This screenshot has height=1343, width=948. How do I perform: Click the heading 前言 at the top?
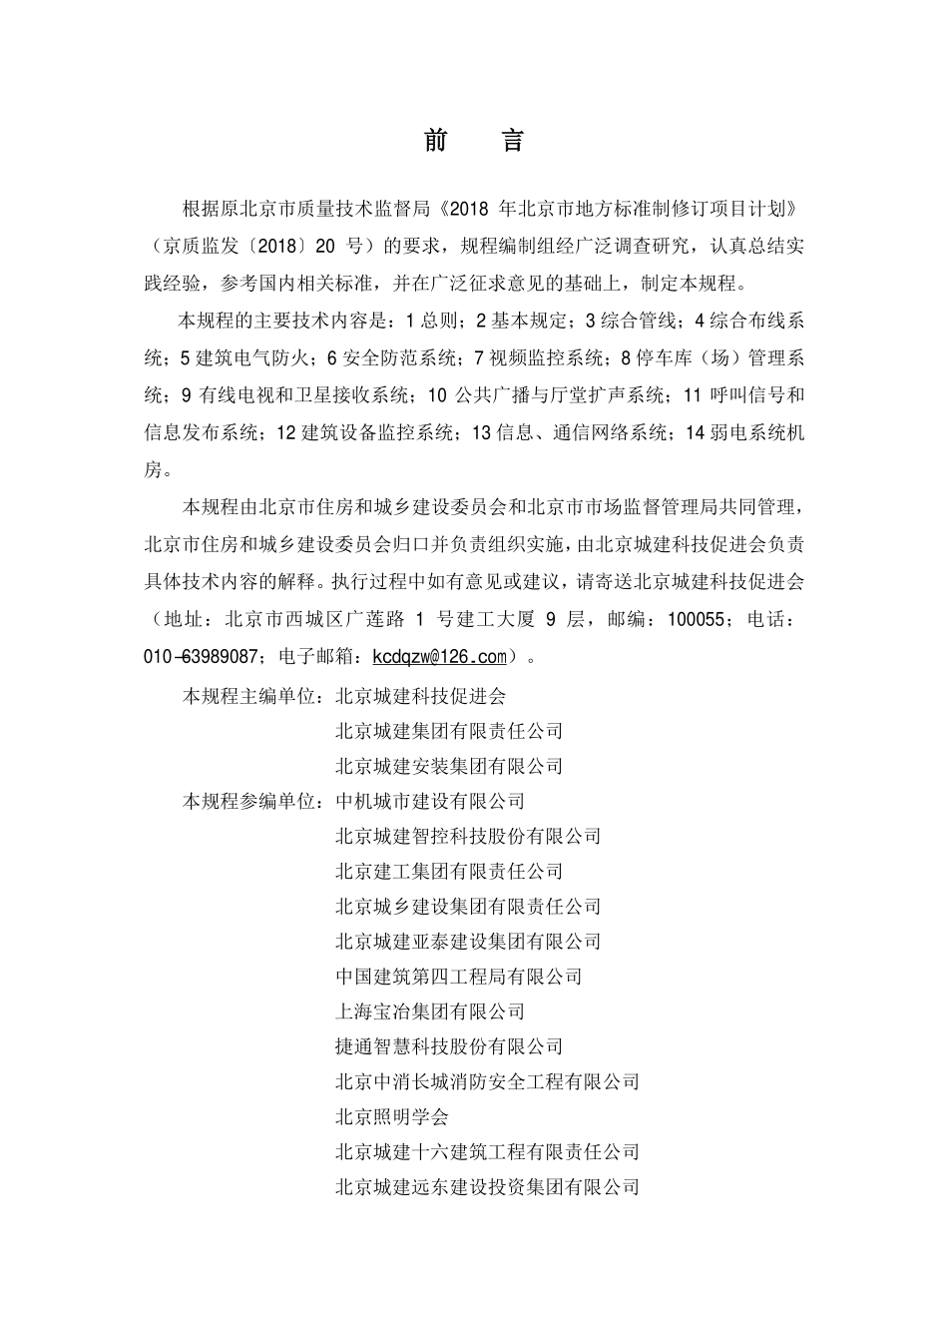pyautogui.click(x=474, y=141)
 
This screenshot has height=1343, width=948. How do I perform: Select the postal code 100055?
pyautogui.click(x=695, y=619)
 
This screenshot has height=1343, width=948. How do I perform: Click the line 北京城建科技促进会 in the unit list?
pyautogui.click(x=421, y=696)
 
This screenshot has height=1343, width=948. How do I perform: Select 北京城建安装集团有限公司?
pyautogui.click(x=449, y=766)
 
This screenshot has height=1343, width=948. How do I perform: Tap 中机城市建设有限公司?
pyautogui.click(x=430, y=801)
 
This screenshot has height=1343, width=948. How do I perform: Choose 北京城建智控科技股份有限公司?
pyautogui.click(x=468, y=836)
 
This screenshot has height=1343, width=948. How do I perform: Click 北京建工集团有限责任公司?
pyautogui.click(x=449, y=871)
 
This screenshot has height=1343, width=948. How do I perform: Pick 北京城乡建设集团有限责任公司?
pyautogui.click(x=468, y=907)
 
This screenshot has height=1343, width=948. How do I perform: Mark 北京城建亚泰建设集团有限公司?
pyautogui.click(x=468, y=942)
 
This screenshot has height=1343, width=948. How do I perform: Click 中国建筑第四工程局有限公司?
pyautogui.click(x=459, y=977)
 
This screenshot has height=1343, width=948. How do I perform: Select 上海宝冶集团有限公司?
pyautogui.click(x=430, y=1011)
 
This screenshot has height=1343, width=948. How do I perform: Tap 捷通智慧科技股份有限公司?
pyautogui.click(x=449, y=1046)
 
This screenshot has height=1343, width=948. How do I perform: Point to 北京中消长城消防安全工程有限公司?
pyautogui.click(x=487, y=1081)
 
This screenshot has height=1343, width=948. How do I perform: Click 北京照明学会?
pyautogui.click(x=392, y=1116)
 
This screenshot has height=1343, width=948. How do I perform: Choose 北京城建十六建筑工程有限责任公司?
pyautogui.click(x=487, y=1151)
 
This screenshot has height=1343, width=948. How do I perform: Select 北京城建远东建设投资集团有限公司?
pyautogui.click(x=487, y=1187)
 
